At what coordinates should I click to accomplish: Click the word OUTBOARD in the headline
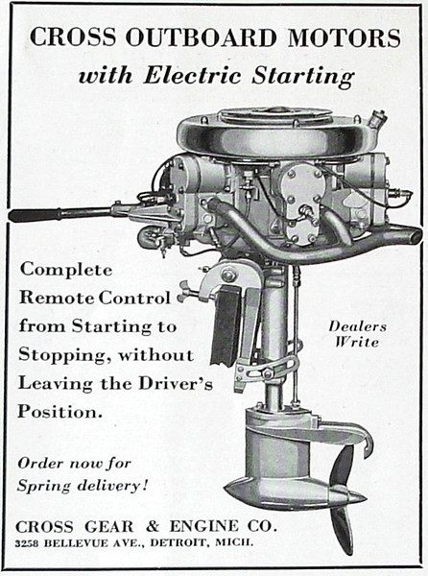click(201, 37)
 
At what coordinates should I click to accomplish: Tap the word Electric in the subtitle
click(192, 75)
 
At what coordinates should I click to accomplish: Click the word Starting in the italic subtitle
click(303, 77)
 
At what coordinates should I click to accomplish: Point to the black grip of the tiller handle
click(35, 215)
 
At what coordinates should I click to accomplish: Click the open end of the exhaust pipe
click(415, 235)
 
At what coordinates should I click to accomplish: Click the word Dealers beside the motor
click(357, 326)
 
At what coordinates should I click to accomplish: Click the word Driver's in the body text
click(176, 383)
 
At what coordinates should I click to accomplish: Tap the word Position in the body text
click(58, 412)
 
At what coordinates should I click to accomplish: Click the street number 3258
click(27, 543)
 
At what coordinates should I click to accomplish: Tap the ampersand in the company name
click(153, 527)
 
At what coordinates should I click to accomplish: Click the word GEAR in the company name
click(109, 527)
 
